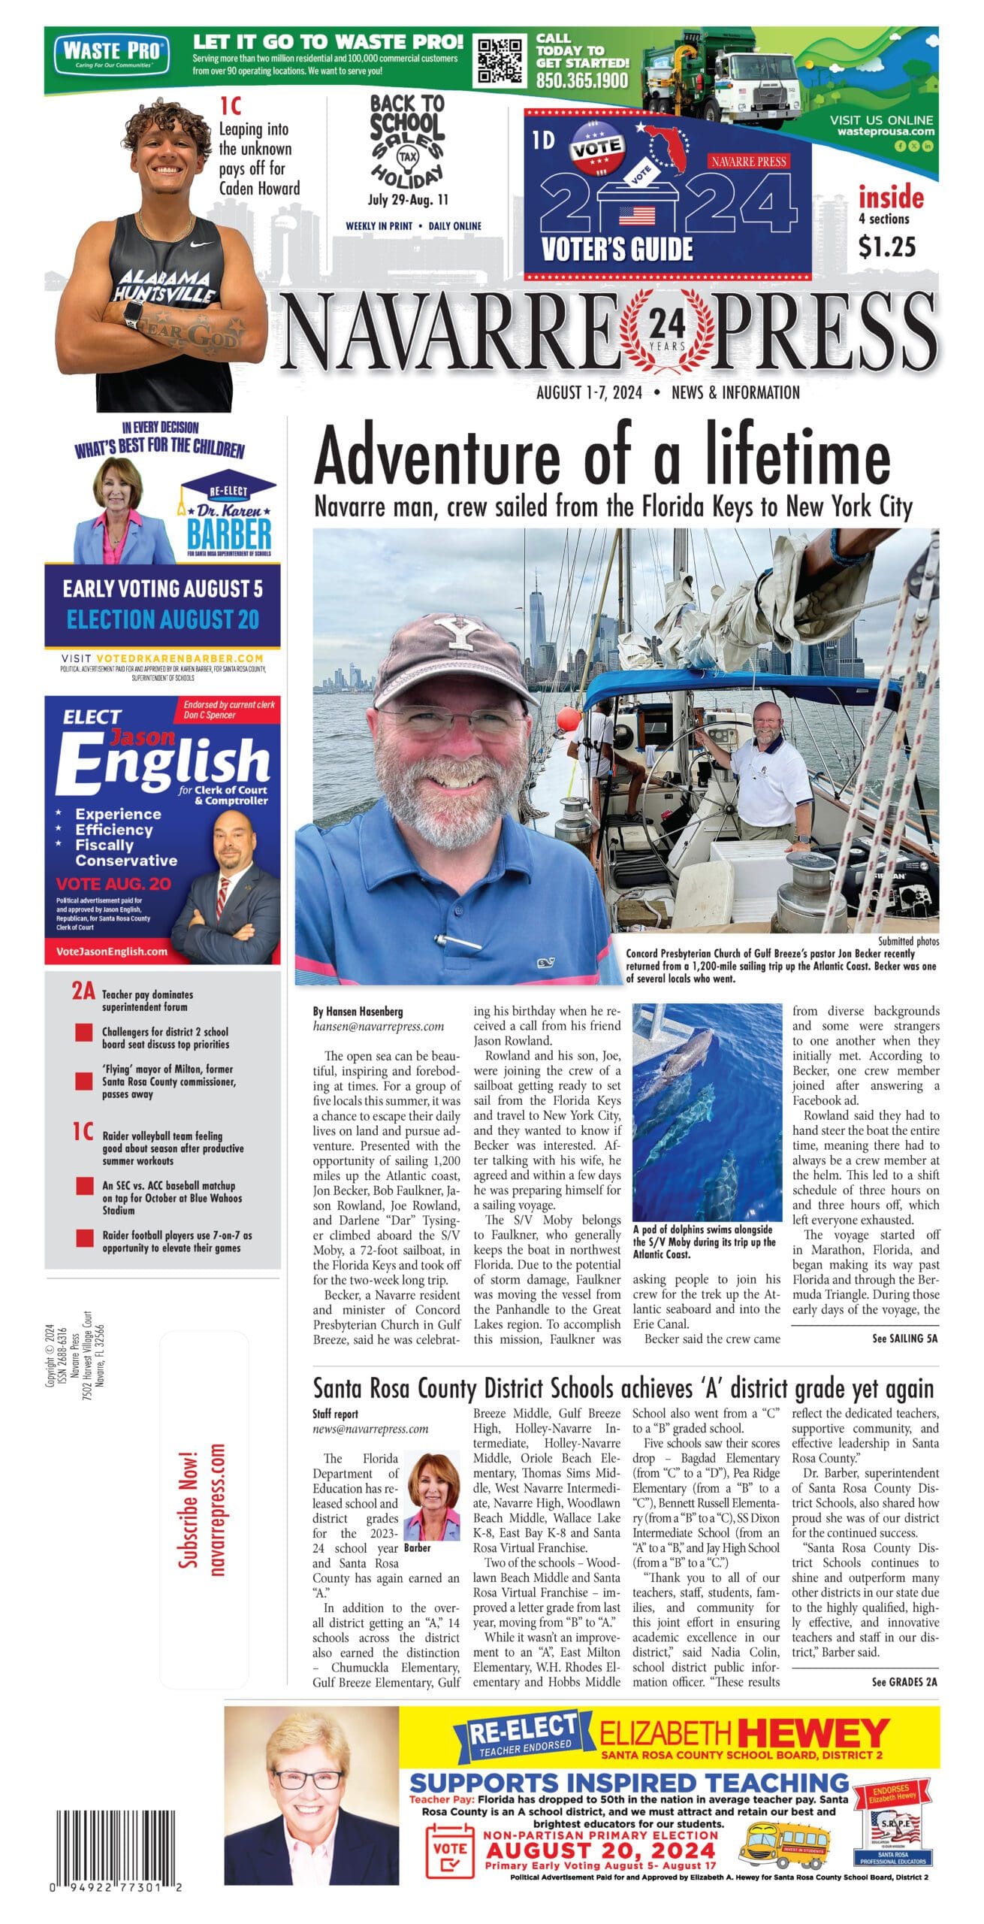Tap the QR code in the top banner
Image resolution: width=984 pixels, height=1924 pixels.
pos(501,60)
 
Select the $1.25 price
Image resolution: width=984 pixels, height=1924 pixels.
pos(887,247)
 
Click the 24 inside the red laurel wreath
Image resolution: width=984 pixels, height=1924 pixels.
pos(666,324)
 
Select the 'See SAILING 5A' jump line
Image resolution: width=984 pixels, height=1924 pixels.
pos(904,1339)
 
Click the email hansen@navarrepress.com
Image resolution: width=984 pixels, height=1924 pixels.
pos(378,1026)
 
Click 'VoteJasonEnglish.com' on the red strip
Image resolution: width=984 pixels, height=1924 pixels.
pos(112,951)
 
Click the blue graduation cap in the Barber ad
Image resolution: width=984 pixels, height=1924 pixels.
pos(227,489)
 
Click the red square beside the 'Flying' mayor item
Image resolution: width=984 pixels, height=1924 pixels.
pos(84,1081)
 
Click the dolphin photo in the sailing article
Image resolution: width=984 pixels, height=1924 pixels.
pos(707,1113)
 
